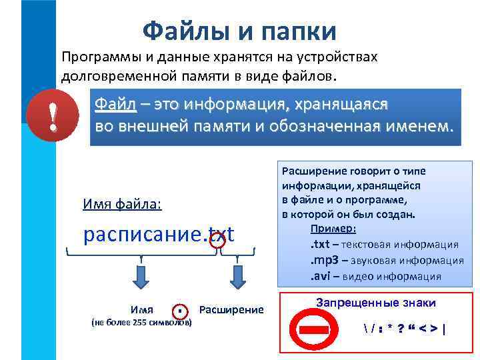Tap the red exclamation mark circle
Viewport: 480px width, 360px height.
click(53, 116)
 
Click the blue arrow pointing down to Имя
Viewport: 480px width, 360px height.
click(141, 275)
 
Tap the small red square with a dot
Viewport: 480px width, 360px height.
click(179, 311)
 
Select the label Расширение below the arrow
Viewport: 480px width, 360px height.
click(231, 310)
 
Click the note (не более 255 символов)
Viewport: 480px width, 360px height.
click(141, 323)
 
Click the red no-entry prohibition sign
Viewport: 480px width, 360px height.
click(309, 328)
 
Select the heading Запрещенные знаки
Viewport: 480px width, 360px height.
click(376, 303)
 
